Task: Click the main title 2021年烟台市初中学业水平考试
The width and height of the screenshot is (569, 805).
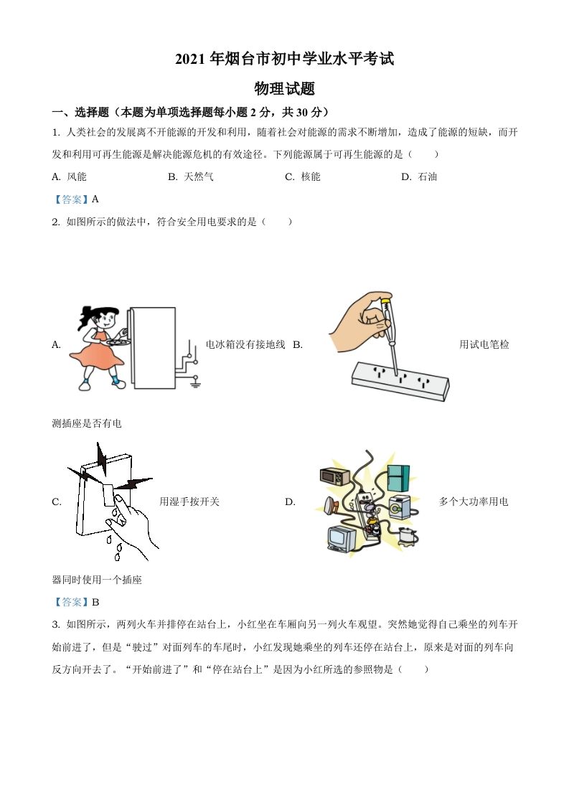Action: (x=284, y=60)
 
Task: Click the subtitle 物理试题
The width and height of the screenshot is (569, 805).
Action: (x=284, y=89)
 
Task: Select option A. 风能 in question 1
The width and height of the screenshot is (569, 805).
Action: (x=70, y=176)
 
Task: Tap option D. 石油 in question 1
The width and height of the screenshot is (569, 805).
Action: (x=419, y=176)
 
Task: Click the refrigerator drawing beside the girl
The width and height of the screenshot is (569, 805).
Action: (x=154, y=347)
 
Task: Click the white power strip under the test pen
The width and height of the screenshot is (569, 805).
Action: (x=399, y=380)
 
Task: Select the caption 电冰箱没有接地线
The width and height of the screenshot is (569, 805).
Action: (x=245, y=344)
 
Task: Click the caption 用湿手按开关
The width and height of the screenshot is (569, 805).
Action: (x=189, y=502)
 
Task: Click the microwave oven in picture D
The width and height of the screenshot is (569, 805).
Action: (x=334, y=477)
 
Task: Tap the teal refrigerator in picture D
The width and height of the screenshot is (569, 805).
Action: (x=398, y=478)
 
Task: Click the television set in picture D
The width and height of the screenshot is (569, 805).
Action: (x=342, y=540)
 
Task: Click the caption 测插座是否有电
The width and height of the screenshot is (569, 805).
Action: (x=87, y=423)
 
